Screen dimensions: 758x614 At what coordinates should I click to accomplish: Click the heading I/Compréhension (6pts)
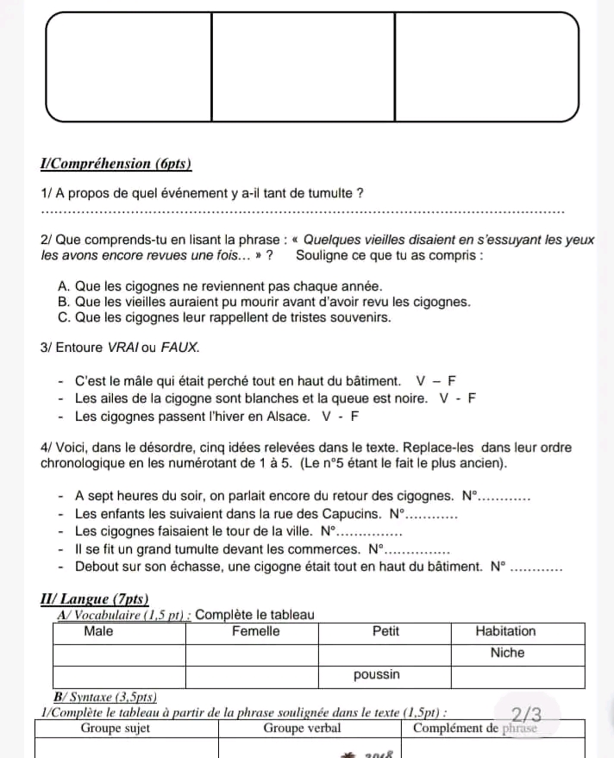tap(116, 164)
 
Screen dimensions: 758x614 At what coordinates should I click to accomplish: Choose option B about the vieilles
tap(264, 302)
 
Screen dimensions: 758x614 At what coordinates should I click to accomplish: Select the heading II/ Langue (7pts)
tap(95, 599)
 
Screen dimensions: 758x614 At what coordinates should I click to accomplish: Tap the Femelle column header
tap(255, 631)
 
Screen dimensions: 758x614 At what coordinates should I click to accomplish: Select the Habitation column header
tap(505, 631)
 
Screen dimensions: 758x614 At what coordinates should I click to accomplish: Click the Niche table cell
tap(507, 653)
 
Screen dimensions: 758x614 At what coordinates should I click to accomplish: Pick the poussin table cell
tap(377, 674)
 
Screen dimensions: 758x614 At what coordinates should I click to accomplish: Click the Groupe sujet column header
tap(116, 729)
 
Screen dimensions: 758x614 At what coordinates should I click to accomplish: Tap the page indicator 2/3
tap(526, 715)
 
